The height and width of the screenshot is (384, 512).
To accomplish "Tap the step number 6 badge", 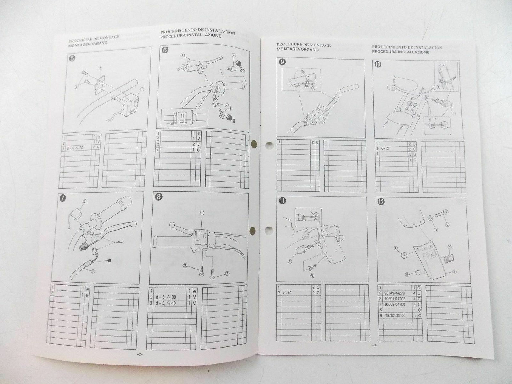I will click(x=164, y=50).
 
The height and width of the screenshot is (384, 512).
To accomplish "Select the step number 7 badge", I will click(x=62, y=198).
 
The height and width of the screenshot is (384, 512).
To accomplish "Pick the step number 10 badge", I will click(x=378, y=64).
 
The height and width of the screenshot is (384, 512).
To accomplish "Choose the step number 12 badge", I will click(x=381, y=203).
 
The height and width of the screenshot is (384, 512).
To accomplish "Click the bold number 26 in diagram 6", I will click(x=242, y=70).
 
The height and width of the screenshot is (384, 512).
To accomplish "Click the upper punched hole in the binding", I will click(x=254, y=143).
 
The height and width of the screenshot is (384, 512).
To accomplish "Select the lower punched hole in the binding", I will click(x=253, y=230).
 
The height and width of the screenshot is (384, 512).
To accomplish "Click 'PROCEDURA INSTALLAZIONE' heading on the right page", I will click(x=400, y=52).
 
